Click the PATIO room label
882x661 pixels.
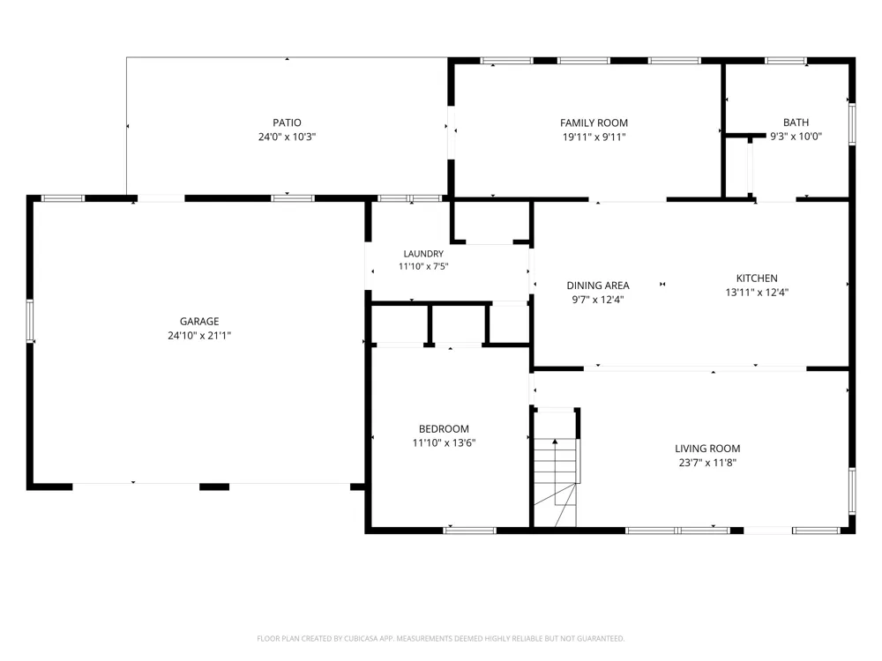click(x=287, y=123)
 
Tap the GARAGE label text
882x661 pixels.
click(x=199, y=322)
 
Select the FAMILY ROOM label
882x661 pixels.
click(x=594, y=123)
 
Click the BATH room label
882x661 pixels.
click(x=796, y=122)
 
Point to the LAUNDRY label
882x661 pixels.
click(x=423, y=254)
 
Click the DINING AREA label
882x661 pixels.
click(x=598, y=286)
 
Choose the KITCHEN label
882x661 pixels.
click(x=757, y=279)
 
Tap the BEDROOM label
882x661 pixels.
click(x=444, y=429)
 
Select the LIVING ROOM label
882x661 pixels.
click(x=707, y=449)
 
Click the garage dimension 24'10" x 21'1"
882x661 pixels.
click(x=199, y=336)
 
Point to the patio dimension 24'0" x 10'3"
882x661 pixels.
click(x=287, y=137)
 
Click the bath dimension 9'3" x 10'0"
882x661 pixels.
click(x=796, y=136)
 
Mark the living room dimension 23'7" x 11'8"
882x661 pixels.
click(x=707, y=463)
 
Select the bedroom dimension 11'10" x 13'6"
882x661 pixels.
click(x=444, y=443)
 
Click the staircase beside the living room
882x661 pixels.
click(x=555, y=482)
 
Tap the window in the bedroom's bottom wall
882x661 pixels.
click(x=470, y=531)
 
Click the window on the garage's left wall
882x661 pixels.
click(x=30, y=321)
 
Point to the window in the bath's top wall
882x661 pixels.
click(x=786, y=61)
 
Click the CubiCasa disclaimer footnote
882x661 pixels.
click(x=440, y=638)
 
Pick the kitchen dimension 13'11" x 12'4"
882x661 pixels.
click(x=757, y=293)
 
